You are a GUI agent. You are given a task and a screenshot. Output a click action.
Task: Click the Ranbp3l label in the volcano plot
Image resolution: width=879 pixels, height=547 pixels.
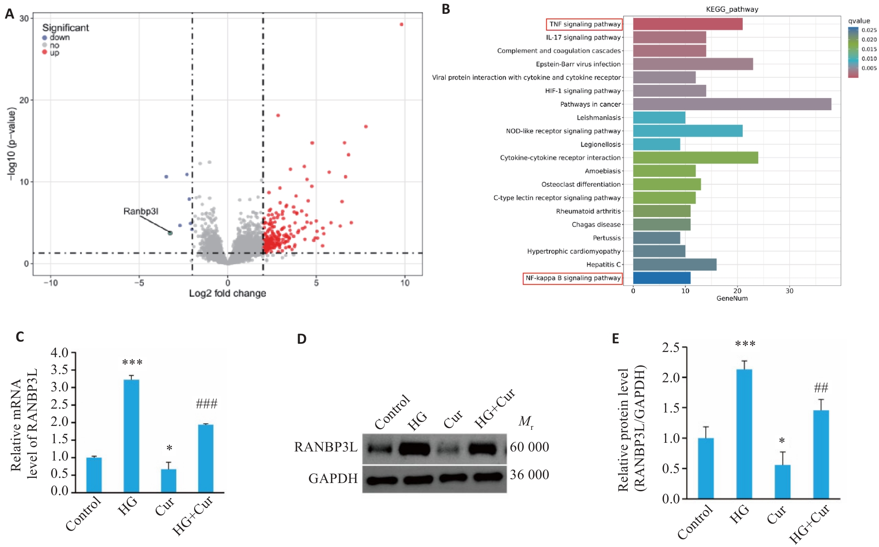141,211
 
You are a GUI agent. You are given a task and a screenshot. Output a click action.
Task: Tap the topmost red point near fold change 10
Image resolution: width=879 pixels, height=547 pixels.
401,24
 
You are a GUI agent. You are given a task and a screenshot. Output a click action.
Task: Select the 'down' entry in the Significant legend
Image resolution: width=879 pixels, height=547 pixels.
60,38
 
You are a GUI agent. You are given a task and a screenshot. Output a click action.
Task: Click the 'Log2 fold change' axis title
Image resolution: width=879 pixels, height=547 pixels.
227,293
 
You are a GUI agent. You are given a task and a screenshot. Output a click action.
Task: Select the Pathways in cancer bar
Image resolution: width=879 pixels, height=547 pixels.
732,104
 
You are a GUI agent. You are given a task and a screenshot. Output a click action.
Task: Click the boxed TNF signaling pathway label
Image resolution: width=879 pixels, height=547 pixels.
584,24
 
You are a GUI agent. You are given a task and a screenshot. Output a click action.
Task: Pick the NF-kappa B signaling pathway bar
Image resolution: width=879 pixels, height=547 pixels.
661,278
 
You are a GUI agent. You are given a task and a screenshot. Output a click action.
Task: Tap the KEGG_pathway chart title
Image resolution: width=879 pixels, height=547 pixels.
732,9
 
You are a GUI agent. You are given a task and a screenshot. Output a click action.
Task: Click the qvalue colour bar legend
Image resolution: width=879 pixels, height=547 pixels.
853,52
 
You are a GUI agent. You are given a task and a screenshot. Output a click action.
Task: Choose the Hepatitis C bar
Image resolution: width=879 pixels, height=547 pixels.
674,264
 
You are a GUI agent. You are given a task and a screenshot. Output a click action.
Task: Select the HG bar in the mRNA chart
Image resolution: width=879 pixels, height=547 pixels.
132,435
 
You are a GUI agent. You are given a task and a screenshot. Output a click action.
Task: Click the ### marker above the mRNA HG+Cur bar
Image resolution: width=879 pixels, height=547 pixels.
206,404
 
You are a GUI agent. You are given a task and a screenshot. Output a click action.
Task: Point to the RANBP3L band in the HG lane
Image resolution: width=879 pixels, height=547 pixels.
414,449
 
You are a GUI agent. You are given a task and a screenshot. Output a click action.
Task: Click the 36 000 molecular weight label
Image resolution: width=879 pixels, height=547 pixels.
529,475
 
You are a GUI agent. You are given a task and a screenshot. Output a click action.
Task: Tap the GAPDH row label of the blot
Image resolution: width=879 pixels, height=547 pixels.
333,478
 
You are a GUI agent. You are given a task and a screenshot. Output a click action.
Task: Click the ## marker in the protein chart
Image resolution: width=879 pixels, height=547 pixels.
821,388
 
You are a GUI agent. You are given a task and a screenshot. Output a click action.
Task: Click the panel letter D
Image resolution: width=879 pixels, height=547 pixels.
302,339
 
